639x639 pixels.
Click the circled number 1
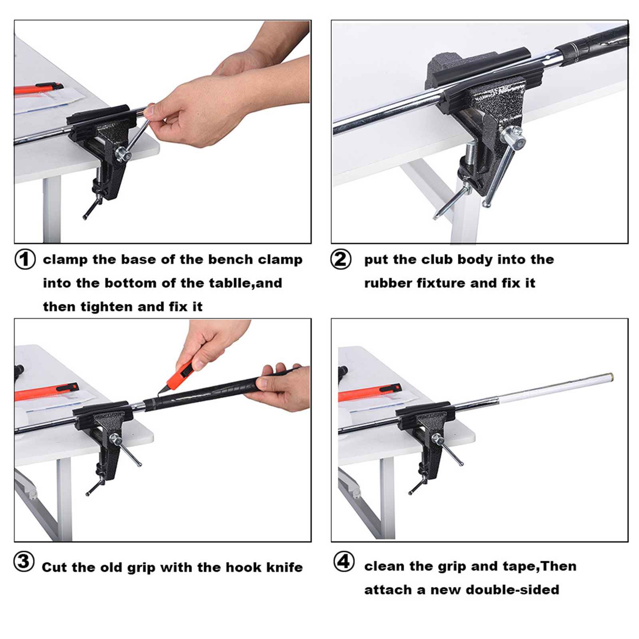tap(25, 259)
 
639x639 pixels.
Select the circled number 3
tap(24, 561)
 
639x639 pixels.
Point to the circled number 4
tap(344, 561)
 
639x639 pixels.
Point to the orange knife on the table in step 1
tap(38, 88)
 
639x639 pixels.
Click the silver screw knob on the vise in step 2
tap(513, 138)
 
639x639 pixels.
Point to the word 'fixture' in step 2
tap(442, 283)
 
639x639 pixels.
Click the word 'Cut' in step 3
tap(55, 567)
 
